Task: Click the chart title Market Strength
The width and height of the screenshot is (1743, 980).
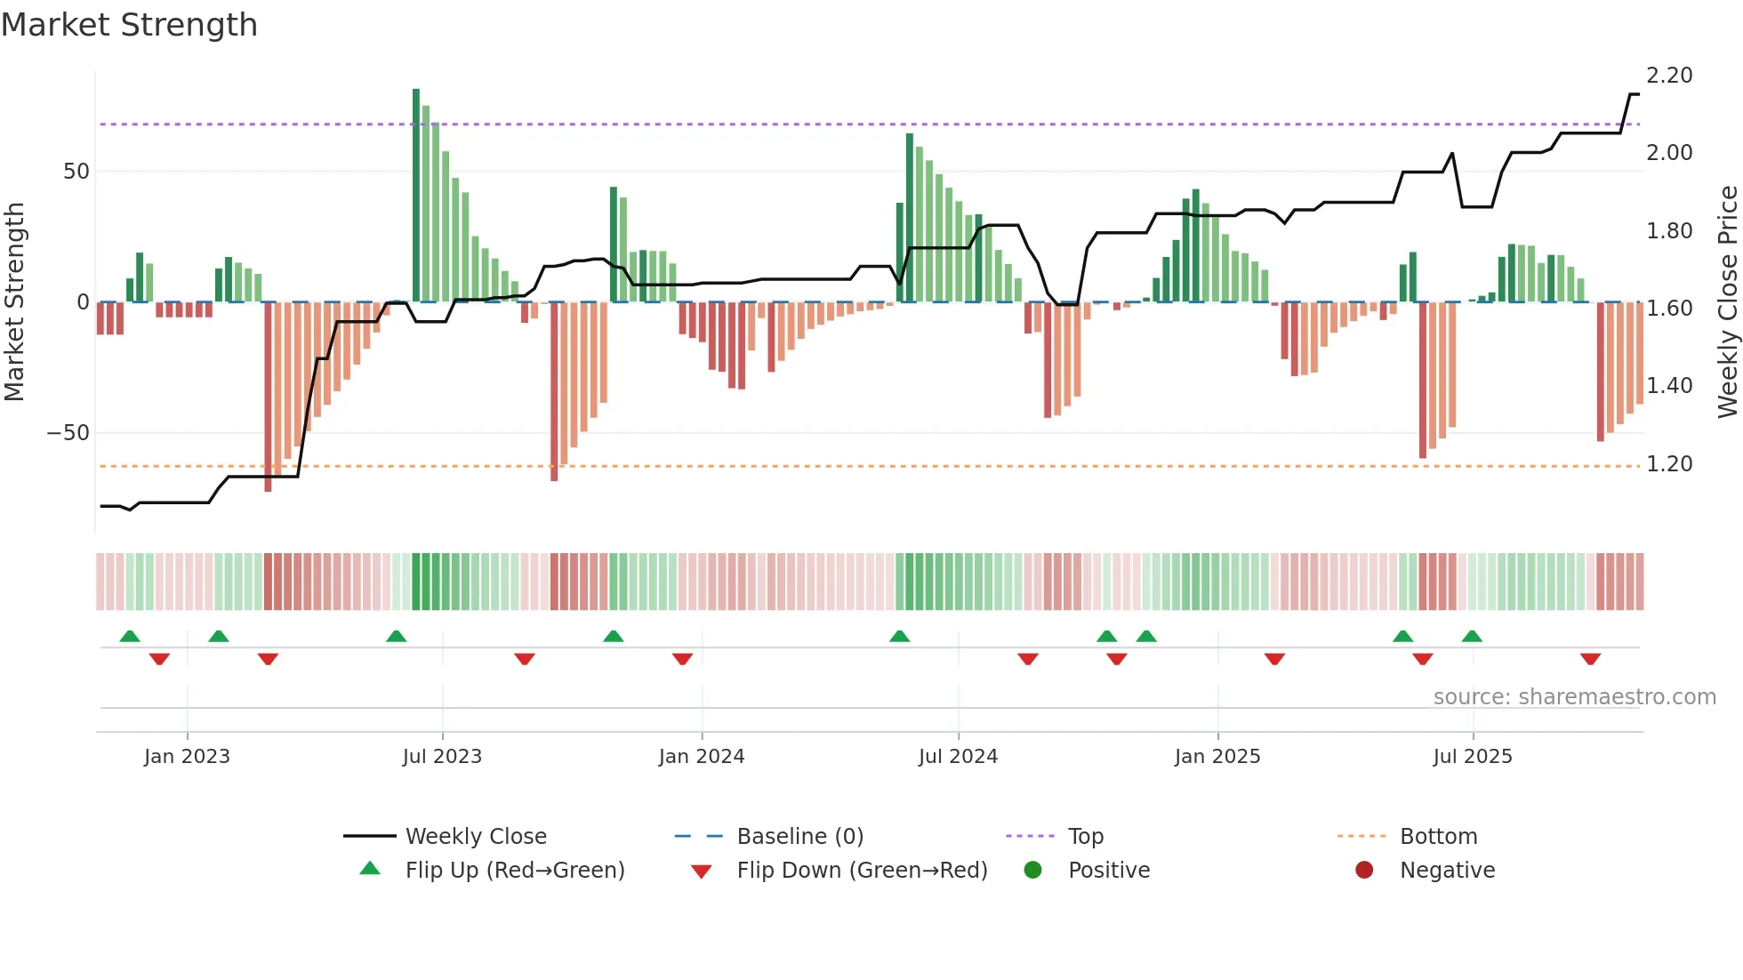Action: pyautogui.click(x=130, y=25)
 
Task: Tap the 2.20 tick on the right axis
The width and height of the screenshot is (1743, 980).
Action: pyautogui.click(x=1669, y=76)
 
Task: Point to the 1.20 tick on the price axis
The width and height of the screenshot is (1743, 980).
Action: pyautogui.click(x=1669, y=464)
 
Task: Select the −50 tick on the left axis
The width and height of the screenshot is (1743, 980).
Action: pyautogui.click(x=68, y=433)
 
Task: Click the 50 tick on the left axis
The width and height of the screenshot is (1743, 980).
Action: pyautogui.click(x=76, y=171)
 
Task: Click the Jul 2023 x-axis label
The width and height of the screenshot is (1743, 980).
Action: pyautogui.click(x=442, y=757)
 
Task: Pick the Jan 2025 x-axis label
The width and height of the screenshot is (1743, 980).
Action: pyautogui.click(x=1217, y=757)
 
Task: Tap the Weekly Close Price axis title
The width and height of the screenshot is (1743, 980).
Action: pyautogui.click(x=1727, y=302)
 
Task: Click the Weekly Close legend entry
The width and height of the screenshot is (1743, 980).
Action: pyautogui.click(x=476, y=837)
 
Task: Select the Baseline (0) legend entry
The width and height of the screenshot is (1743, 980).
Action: pyautogui.click(x=799, y=837)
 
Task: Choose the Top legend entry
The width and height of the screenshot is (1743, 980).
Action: pyautogui.click(x=1085, y=837)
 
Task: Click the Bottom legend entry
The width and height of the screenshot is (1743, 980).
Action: pyautogui.click(x=1438, y=837)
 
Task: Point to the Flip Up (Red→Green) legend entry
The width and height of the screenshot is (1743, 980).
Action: pyautogui.click(x=515, y=871)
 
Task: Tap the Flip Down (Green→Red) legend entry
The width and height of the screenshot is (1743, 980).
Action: pyautogui.click(x=862, y=871)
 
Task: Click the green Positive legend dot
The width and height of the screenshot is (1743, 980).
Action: pyautogui.click(x=1032, y=871)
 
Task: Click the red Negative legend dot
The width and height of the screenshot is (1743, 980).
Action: pyautogui.click(x=1364, y=871)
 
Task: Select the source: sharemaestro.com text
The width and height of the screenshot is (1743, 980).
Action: pyautogui.click(x=1574, y=697)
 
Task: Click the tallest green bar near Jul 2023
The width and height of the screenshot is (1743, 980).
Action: pyautogui.click(x=416, y=196)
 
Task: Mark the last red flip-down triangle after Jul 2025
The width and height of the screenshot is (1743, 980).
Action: pyautogui.click(x=1590, y=659)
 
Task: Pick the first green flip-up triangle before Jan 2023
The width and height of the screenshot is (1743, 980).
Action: pyautogui.click(x=130, y=636)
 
